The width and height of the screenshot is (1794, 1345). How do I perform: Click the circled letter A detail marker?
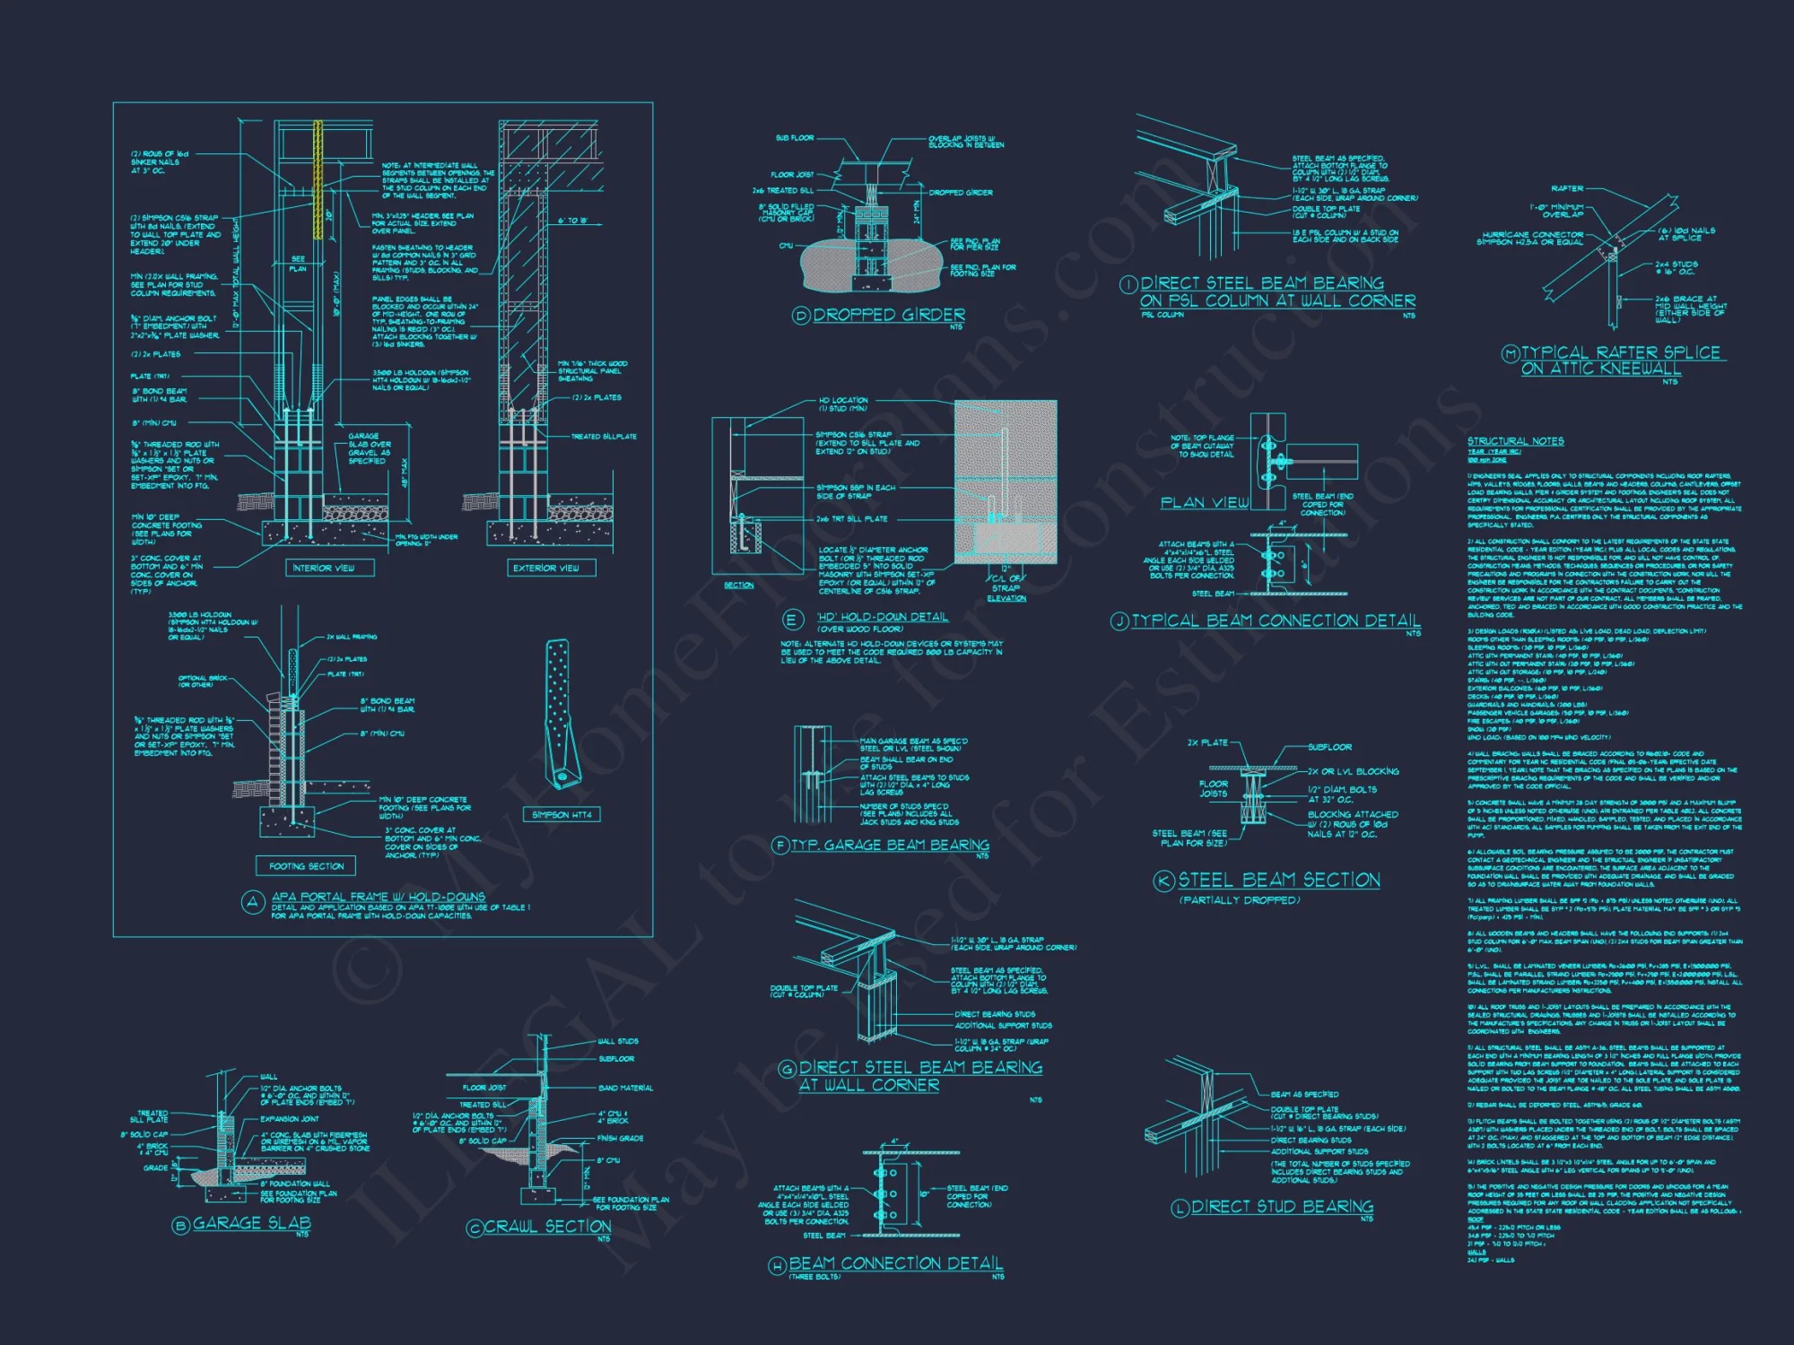point(252,903)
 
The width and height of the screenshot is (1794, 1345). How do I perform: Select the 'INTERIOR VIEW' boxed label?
point(323,568)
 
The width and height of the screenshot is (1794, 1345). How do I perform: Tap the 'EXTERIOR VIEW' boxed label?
point(545,568)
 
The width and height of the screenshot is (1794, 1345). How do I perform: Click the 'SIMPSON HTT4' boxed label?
point(562,814)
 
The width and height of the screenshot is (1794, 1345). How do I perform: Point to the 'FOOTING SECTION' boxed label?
point(306,866)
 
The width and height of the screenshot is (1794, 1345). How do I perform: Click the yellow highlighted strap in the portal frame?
point(317,174)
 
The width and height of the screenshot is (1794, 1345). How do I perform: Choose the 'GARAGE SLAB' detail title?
point(252,1223)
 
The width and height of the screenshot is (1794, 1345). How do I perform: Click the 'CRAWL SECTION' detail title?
point(548,1226)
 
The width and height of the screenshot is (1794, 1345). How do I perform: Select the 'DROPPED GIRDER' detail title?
point(889,315)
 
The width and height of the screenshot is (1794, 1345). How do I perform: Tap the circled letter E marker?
point(792,620)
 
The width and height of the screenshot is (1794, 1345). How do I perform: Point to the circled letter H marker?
point(778,1265)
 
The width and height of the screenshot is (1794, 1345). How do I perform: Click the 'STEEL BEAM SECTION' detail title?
point(1279,880)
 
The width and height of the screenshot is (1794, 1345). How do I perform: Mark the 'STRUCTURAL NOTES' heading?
point(1515,441)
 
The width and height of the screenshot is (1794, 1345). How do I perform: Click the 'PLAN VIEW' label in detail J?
point(1204,502)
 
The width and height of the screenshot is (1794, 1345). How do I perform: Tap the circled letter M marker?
point(1511,353)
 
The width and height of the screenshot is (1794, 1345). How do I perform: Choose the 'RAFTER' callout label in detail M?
point(1567,188)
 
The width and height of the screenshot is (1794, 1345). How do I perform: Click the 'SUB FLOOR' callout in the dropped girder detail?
point(795,138)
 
